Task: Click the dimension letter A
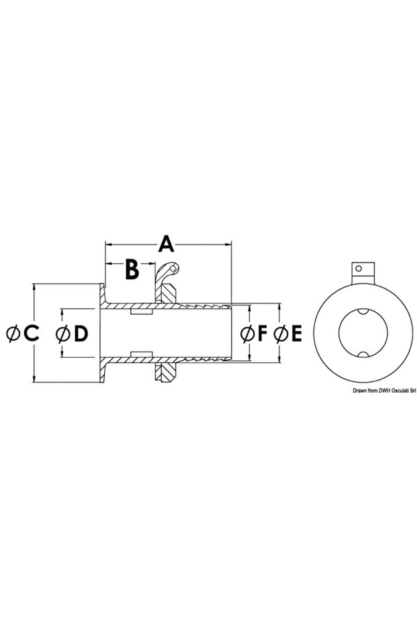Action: (166, 243)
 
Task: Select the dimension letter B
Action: (132, 269)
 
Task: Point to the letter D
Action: (81, 333)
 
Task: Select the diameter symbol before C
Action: (12, 333)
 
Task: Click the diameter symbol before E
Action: (280, 333)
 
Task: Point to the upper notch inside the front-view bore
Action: (361, 311)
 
